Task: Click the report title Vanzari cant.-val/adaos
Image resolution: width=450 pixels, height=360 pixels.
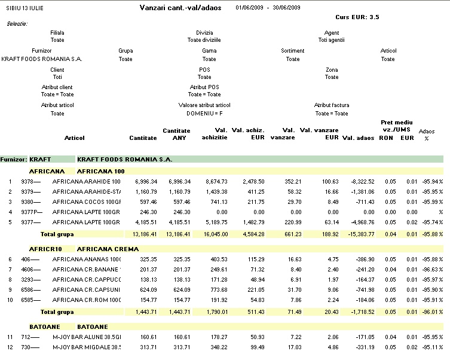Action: [x=180, y=8]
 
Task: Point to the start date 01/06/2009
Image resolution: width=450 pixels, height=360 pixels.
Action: [x=249, y=7]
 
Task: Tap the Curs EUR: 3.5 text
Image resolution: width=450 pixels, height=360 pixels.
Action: [x=357, y=17]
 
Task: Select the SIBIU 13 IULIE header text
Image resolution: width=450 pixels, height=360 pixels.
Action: [x=25, y=8]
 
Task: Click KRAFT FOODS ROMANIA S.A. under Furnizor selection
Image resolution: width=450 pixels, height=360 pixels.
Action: [x=42, y=59]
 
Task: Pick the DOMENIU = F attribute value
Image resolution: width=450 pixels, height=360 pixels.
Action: [x=204, y=114]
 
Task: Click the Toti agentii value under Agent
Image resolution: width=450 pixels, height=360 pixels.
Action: [x=332, y=40]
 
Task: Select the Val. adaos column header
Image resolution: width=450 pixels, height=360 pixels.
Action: [x=358, y=138]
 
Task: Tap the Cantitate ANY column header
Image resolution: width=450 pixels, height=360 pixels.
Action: [x=176, y=134]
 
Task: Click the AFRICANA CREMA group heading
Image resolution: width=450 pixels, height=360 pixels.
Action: [x=108, y=249]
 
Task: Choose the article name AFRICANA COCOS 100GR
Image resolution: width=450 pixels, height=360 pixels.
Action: [x=87, y=202]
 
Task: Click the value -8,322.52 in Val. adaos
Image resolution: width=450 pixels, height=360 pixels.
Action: [x=363, y=181]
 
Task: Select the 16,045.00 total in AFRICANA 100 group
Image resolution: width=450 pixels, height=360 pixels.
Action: [x=216, y=234]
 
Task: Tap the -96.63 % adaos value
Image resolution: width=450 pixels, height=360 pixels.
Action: [x=433, y=269]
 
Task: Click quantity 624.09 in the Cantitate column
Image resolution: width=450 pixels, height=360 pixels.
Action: [x=148, y=289]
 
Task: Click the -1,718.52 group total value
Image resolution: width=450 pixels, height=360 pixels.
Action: [x=363, y=312]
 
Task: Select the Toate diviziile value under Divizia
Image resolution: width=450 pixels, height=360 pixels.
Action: [x=204, y=40]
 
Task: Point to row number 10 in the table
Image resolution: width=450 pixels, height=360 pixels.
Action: [x=10, y=300]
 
